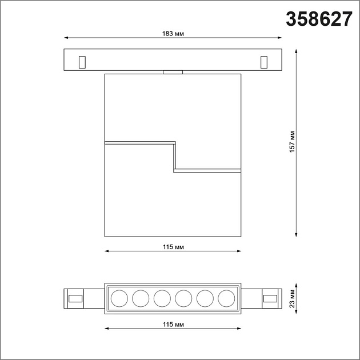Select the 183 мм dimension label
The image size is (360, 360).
[173, 34]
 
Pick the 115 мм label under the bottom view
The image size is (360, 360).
[173, 324]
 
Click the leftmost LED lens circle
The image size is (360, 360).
[119, 298]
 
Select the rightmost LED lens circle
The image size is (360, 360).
[226, 298]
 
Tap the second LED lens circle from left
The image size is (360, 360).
[141, 298]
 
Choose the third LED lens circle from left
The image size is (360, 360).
[162, 298]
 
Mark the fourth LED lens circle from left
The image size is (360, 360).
[183, 298]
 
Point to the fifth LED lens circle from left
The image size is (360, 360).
[205, 298]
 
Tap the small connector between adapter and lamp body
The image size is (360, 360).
[173, 72]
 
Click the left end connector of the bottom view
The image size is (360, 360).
[74, 298]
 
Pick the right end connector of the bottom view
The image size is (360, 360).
[271, 298]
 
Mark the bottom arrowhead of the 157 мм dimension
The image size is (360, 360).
[296, 233]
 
